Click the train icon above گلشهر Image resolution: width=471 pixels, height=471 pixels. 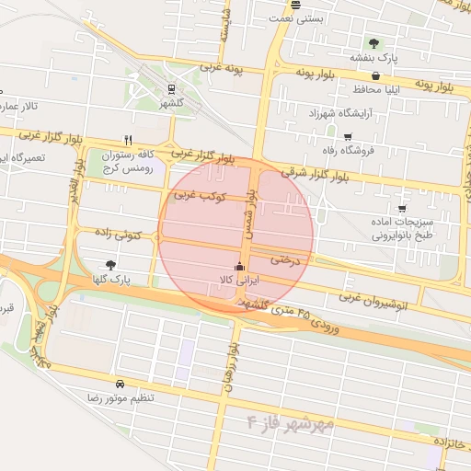170,89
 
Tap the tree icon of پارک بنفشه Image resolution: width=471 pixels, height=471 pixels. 373,42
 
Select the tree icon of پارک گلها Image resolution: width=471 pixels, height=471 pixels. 112,264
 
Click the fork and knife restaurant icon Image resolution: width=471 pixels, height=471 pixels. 141,142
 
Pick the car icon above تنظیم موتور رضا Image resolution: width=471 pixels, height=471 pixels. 120,383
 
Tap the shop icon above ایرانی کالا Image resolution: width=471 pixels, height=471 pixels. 240,267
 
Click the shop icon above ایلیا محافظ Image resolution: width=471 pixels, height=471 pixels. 355,76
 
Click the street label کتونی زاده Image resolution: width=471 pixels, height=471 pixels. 121,237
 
